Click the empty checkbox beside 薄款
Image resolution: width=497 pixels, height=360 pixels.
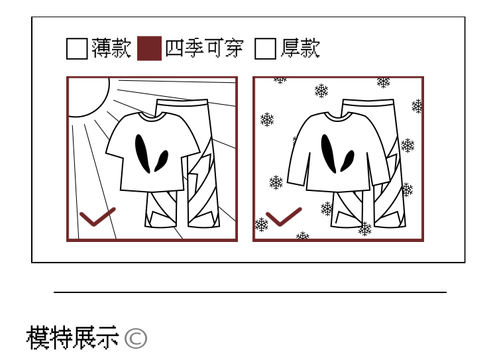point(77,48)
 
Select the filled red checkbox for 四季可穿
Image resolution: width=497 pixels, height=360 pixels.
point(149,48)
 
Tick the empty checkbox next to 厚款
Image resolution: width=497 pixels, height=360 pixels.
point(265,48)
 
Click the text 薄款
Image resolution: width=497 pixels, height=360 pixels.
point(111,48)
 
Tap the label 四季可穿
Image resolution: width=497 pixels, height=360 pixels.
point(204,48)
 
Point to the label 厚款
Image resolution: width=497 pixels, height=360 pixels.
point(300,48)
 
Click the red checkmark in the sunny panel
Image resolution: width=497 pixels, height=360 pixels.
point(97,217)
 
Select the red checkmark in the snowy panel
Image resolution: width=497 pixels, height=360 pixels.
point(283,217)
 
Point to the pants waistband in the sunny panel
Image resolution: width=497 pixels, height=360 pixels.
point(182,103)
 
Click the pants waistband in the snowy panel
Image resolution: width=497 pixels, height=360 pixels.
point(368,103)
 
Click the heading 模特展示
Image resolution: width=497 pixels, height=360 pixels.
point(72,338)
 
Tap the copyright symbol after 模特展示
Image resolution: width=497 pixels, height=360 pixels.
point(135,338)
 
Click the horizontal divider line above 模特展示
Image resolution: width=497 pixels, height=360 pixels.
point(250,292)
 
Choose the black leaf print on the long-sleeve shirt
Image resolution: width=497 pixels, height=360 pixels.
point(329,153)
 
